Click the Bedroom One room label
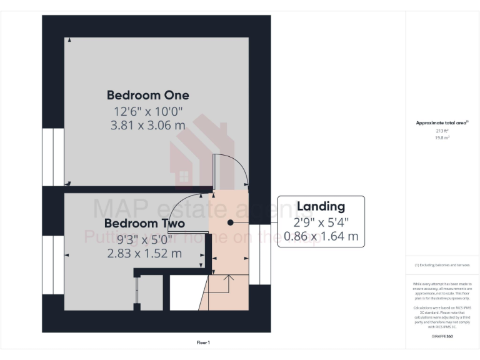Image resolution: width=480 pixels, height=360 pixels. (147, 95)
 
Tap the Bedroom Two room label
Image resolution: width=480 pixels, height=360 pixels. (144, 223)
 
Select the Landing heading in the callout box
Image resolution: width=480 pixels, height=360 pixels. (321, 206)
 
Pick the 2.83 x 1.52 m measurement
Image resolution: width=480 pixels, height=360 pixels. (144, 253)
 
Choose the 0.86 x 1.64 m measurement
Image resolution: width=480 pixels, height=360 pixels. (321, 236)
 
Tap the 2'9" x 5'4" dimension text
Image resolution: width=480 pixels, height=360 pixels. (321, 221)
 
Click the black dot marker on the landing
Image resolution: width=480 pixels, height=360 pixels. (231, 222)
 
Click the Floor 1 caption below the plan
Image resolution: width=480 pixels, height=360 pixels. (203, 342)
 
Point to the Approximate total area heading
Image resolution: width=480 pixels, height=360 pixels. (442, 123)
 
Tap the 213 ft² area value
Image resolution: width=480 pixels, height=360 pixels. (442, 131)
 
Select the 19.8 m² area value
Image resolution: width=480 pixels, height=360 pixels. (442, 138)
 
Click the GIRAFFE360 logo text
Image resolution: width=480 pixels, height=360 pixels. (442, 337)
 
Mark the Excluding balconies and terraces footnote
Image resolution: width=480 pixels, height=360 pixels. (442, 265)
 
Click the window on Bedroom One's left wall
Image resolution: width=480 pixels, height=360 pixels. (53, 157)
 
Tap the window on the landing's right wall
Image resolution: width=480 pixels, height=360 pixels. (259, 254)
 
